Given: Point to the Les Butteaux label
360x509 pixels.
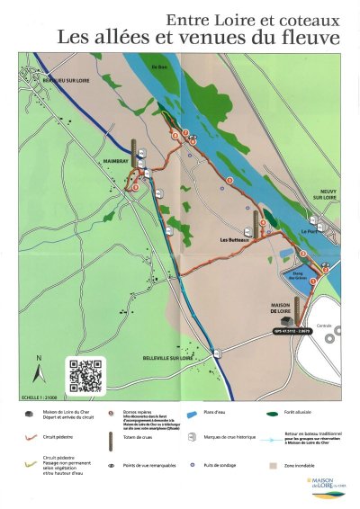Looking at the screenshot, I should pos(234,241).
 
